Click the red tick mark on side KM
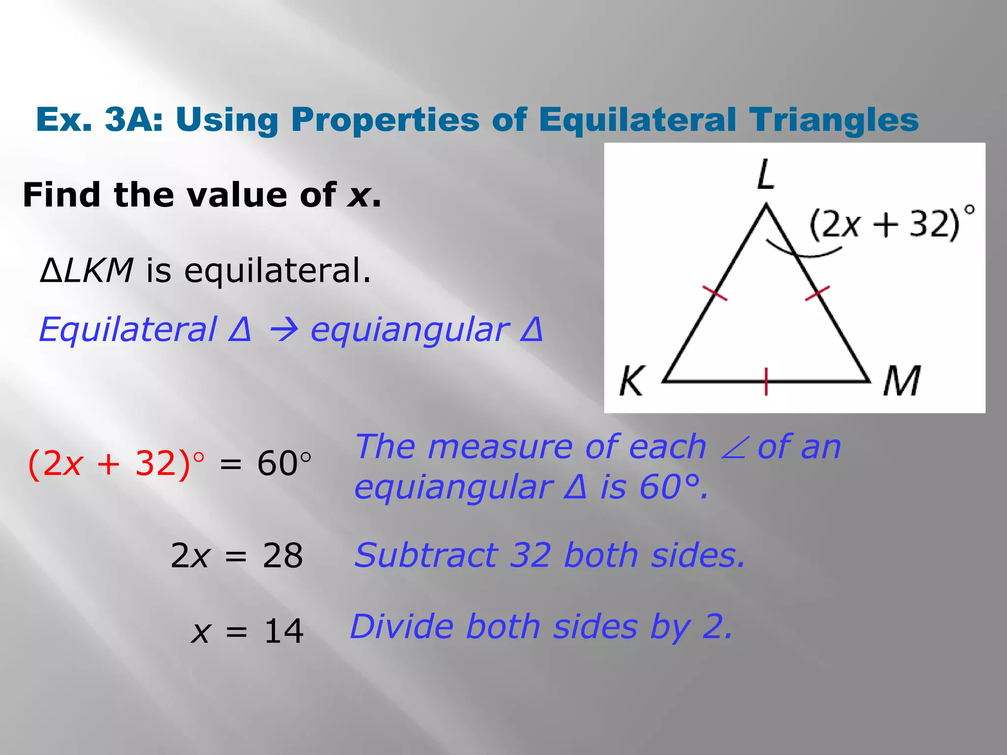766,381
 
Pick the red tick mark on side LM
817,293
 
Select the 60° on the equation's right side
284,464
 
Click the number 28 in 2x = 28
283,556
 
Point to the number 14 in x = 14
284,631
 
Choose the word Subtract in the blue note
426,555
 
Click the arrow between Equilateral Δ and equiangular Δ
284,329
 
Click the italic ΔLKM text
87,270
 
